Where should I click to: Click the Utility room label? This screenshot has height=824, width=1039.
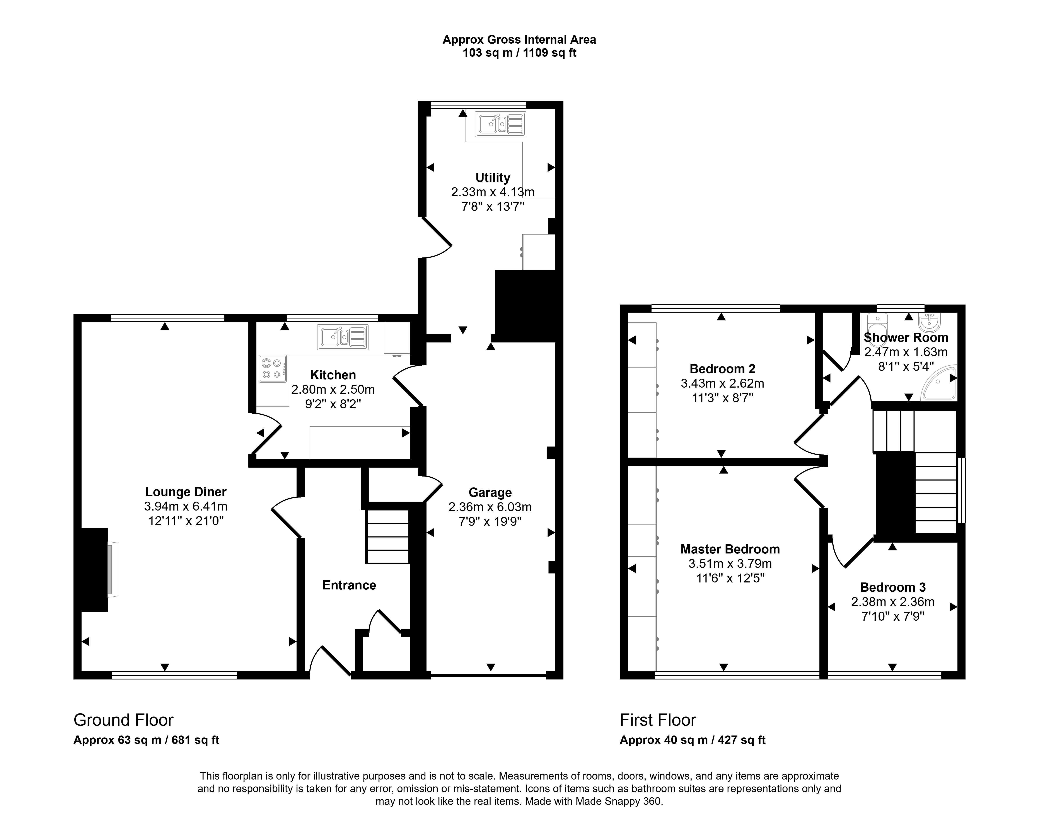[x=493, y=178]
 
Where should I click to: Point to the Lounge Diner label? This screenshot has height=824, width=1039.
[x=186, y=492]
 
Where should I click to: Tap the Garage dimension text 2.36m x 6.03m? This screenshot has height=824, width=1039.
[x=490, y=507]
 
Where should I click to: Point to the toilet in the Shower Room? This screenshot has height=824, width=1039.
[x=877, y=324]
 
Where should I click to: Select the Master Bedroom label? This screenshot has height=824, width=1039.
[x=730, y=549]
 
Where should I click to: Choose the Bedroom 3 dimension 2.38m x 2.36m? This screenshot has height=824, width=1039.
[x=893, y=602]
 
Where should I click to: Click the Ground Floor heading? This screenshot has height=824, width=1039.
[x=123, y=720]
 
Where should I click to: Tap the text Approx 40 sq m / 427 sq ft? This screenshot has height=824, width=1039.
[x=693, y=740]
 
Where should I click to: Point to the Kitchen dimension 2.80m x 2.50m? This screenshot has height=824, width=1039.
[x=333, y=389]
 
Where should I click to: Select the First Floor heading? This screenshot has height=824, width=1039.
[x=658, y=720]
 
